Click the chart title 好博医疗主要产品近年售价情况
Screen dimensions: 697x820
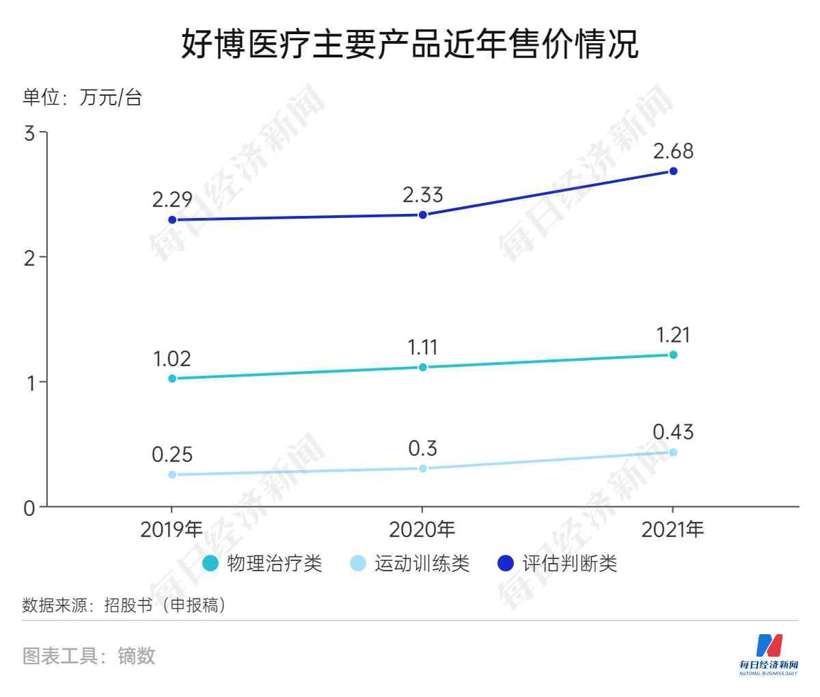(409, 44)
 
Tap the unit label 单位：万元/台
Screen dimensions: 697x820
(82, 97)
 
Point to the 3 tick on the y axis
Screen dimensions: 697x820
(29, 133)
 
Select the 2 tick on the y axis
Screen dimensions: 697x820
(29, 258)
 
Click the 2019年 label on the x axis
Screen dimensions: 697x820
(172, 530)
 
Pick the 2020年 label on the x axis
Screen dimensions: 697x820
(422, 530)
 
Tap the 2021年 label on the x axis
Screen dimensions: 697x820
(673, 530)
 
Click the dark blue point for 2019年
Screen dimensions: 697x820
(172, 220)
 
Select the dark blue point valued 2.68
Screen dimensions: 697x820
(673, 171)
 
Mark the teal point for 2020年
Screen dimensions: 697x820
(422, 367)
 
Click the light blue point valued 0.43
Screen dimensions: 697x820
(673, 452)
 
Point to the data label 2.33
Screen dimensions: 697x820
(422, 195)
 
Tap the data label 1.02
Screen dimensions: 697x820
(172, 359)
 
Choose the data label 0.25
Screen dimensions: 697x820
(172, 454)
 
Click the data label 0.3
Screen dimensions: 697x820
(422, 449)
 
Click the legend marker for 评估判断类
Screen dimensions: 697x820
(505, 564)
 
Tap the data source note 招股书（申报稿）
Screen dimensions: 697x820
(165, 605)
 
